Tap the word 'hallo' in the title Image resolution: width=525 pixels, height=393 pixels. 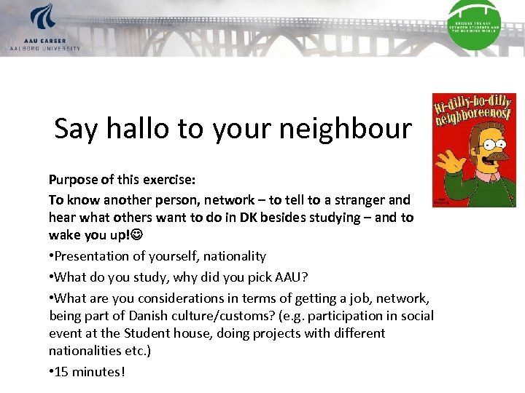139,129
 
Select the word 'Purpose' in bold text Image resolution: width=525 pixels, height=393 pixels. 71,179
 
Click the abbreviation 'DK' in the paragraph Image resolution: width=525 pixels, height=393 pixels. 240,218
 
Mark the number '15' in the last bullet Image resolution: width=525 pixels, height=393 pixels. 62,371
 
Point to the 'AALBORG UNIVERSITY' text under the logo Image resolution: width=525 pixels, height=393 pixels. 44,48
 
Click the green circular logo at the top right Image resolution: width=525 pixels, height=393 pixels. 473,23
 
